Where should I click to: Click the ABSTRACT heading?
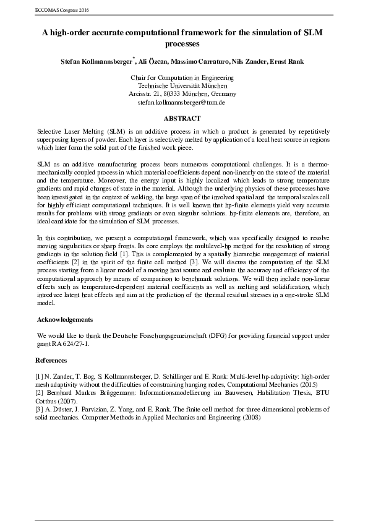(184, 118)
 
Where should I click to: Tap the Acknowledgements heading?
(65, 319)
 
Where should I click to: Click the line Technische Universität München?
(184, 85)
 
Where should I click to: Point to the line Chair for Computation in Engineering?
(184, 77)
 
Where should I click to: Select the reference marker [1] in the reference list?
(41, 376)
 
